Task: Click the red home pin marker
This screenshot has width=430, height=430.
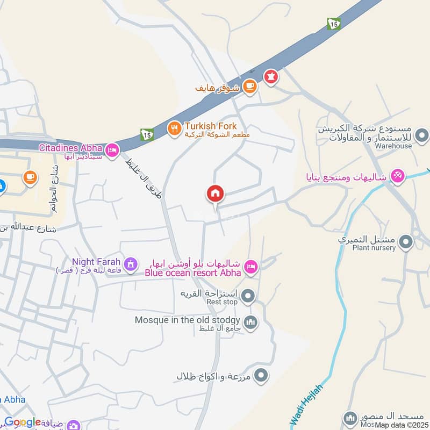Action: coord(216,193)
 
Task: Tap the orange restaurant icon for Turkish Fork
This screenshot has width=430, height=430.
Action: coord(174,128)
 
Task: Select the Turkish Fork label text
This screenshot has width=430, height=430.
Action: coord(210,127)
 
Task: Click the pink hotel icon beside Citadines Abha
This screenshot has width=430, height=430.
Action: coord(112,150)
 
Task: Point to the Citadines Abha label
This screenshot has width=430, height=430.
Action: coord(70,147)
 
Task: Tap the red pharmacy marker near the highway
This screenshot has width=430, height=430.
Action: coord(270,77)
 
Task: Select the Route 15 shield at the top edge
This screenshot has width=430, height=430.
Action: coord(333,24)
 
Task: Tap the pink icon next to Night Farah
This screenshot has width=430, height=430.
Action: coord(130,264)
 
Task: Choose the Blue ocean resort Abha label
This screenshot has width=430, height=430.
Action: coord(192,272)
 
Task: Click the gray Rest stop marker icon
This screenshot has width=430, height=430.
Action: coord(248,295)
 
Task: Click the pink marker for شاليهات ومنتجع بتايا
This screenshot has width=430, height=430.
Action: coord(397,175)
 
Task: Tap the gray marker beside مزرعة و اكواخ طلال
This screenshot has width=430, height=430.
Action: coord(261,375)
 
